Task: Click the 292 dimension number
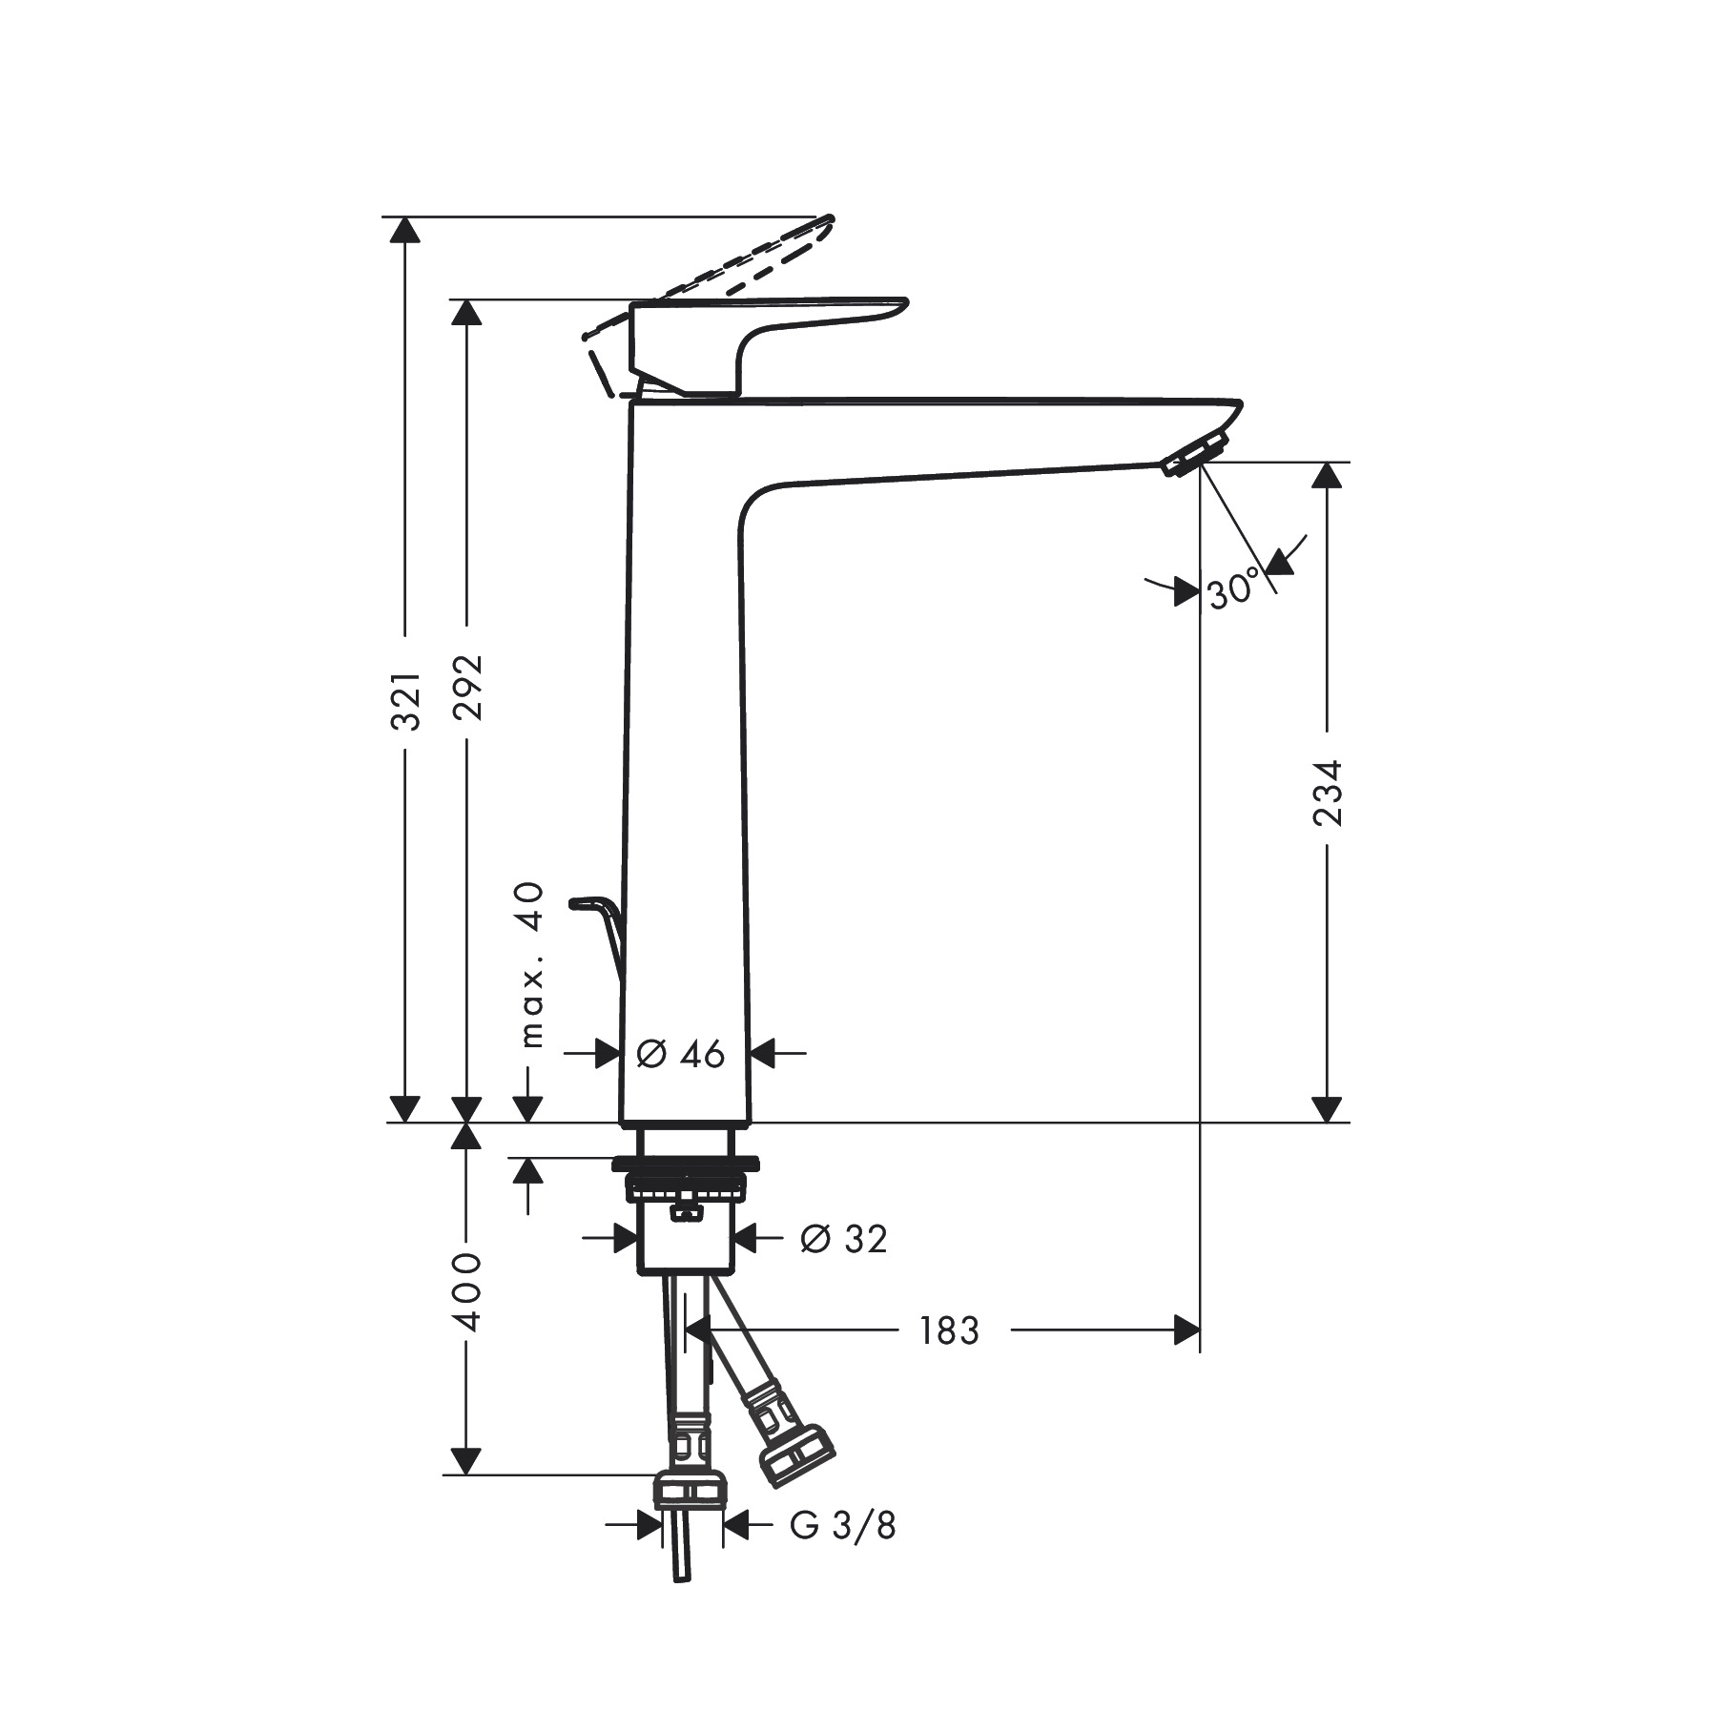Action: tap(467, 687)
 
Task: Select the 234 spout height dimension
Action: tap(1327, 792)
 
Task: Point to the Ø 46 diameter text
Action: tap(680, 1055)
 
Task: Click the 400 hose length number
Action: tap(467, 1292)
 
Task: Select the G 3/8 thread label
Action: tap(843, 1526)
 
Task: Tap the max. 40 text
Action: tap(532, 965)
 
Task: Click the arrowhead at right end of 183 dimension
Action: tap(1186, 1330)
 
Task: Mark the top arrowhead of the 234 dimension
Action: tap(1327, 475)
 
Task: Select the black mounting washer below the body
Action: tap(686, 1164)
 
